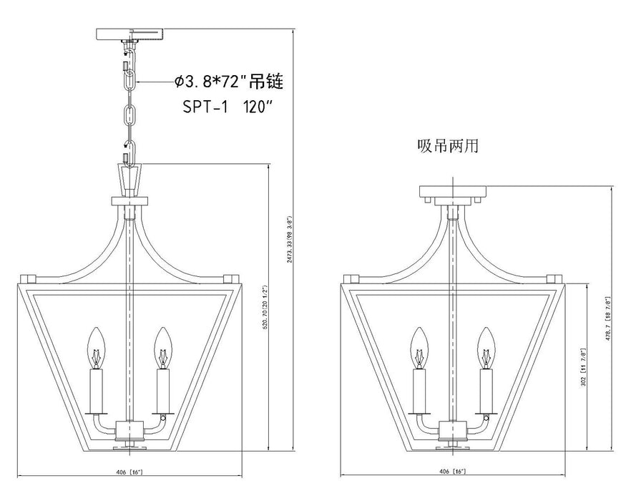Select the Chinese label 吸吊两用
(447, 147)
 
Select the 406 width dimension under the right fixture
(454, 471)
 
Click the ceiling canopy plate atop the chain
(129, 35)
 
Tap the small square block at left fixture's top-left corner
(29, 278)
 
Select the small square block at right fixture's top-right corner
(554, 278)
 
